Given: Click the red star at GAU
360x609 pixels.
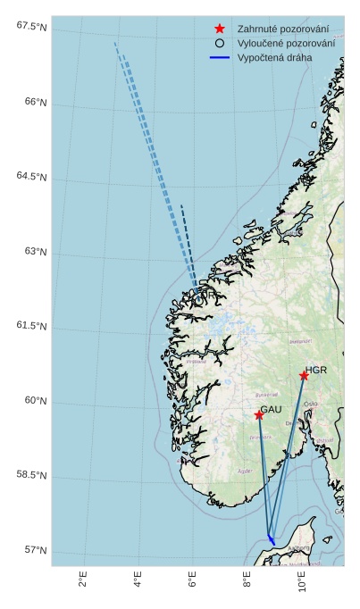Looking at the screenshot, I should (x=259, y=415).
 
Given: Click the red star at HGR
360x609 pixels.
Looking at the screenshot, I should (x=304, y=376).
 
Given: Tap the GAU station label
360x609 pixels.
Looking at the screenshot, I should (x=271, y=409).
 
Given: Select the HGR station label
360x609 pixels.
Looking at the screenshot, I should (x=316, y=370).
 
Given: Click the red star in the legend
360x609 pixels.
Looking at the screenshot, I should (x=219, y=29).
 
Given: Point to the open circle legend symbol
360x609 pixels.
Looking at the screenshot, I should (x=219, y=43).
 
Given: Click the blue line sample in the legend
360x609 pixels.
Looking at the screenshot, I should (x=220, y=57).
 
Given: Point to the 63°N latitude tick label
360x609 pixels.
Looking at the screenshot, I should (x=36, y=252).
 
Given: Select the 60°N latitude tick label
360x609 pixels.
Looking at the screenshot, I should (x=36, y=401).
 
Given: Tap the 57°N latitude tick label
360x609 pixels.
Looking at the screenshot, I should (x=36, y=550).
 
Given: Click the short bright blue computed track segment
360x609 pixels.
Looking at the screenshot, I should (x=271, y=539).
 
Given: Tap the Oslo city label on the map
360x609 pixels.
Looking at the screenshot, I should (x=311, y=405).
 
